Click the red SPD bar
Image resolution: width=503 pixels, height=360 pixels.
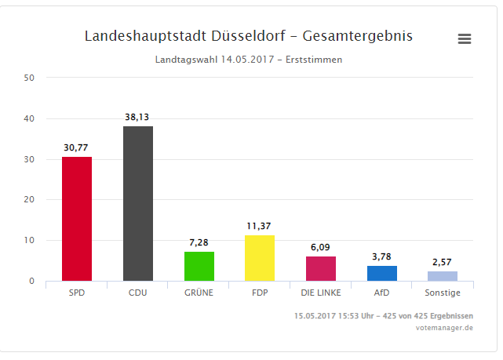coord(77,219)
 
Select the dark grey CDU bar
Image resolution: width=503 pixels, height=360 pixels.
coord(138,203)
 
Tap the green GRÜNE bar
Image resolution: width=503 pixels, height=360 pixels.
coord(199,266)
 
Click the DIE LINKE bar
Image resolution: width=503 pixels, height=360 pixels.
coord(321,268)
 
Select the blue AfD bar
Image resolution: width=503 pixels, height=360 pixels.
coord(382,273)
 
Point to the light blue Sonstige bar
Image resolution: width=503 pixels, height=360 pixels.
coord(443,275)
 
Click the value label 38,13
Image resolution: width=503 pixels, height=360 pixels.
coord(137,117)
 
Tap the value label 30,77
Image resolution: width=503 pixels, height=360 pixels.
coord(77,147)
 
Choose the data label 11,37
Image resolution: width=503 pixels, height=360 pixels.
coord(260,226)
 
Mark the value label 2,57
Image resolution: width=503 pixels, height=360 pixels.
coord(443,261)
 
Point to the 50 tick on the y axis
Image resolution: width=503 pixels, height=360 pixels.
coord(29,78)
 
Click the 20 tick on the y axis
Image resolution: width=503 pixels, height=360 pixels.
coord(29,199)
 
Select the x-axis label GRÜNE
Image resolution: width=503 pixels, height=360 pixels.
coord(199,293)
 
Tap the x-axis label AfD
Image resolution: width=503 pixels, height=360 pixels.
coord(382,293)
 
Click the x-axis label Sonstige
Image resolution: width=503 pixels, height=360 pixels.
coord(443,293)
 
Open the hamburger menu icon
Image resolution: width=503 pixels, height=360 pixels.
coord(465,38)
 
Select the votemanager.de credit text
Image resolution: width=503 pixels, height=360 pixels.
coord(444,327)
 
